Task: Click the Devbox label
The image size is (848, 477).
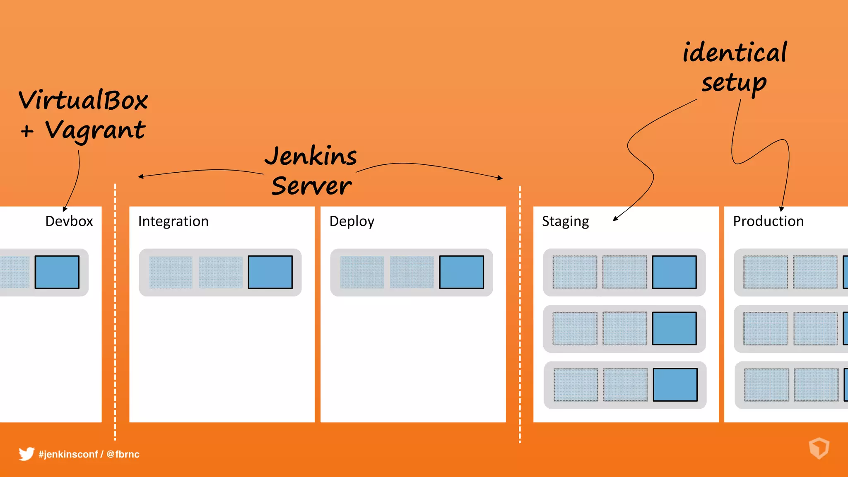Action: [x=69, y=221]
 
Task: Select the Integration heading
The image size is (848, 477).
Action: [x=173, y=221]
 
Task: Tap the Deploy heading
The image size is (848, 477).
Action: [x=352, y=222]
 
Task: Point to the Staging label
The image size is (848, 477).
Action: [x=565, y=222]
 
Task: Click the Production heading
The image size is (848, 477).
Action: [x=768, y=221]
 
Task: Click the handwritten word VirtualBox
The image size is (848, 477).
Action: [x=83, y=100]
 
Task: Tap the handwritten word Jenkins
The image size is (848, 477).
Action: [x=311, y=157]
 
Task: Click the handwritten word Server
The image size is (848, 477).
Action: [x=311, y=186]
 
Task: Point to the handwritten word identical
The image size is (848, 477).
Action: [x=735, y=53]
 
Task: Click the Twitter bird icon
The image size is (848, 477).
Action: [x=26, y=454]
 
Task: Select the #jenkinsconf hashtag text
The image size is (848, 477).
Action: [x=68, y=454]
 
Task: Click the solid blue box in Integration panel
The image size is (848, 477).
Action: [x=270, y=272]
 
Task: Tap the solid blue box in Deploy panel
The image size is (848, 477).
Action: [x=461, y=272]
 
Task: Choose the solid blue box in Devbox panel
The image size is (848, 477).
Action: [x=57, y=272]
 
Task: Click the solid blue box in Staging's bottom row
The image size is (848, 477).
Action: [x=675, y=385]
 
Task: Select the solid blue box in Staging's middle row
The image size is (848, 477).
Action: [x=674, y=328]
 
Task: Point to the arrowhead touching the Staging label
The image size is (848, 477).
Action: [x=616, y=218]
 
